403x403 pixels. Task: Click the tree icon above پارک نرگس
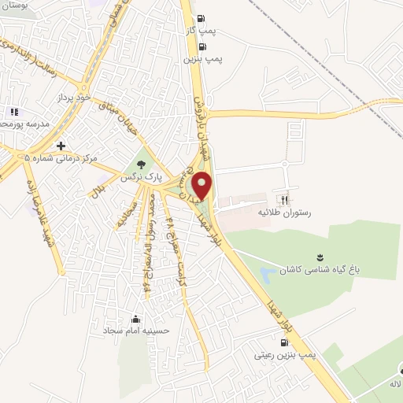point(141,165)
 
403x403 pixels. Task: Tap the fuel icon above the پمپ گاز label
point(201,19)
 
